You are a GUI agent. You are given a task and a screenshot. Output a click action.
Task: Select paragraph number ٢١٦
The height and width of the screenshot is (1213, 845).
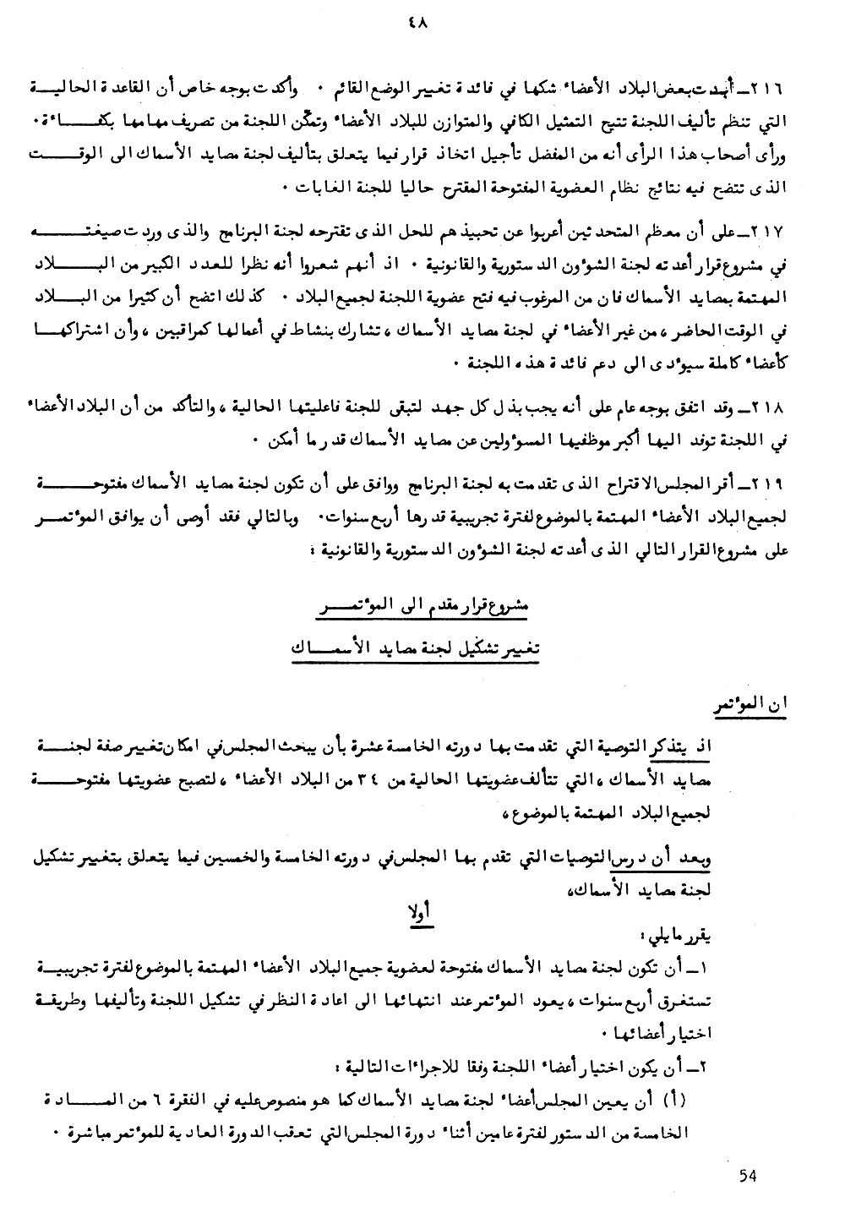(x=771, y=89)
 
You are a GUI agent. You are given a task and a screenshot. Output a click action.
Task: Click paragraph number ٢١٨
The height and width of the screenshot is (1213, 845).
(x=771, y=408)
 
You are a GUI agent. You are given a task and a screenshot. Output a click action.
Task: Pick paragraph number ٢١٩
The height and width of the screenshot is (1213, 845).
(x=771, y=483)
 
